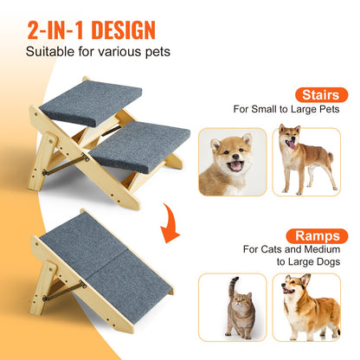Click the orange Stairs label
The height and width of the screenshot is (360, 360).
[321, 94]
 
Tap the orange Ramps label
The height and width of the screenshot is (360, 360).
[318, 234]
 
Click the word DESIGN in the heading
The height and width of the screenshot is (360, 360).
[117, 30]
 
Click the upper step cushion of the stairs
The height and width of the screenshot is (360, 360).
[90, 102]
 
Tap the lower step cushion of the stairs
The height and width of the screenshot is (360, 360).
[138, 145]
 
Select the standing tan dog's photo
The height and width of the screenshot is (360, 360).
[305, 159]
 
